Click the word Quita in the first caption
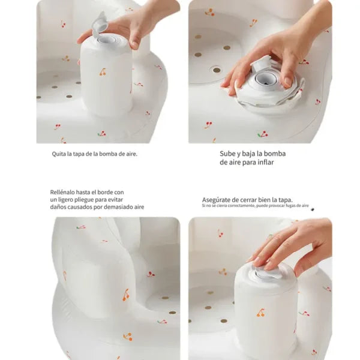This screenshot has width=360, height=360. (58, 154)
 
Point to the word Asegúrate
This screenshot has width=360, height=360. (217, 199)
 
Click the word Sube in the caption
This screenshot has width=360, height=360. (227, 154)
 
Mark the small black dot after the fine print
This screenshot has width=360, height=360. (312, 209)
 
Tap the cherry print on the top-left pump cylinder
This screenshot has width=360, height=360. (103, 71)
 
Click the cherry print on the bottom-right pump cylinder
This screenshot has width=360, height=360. (262, 312)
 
